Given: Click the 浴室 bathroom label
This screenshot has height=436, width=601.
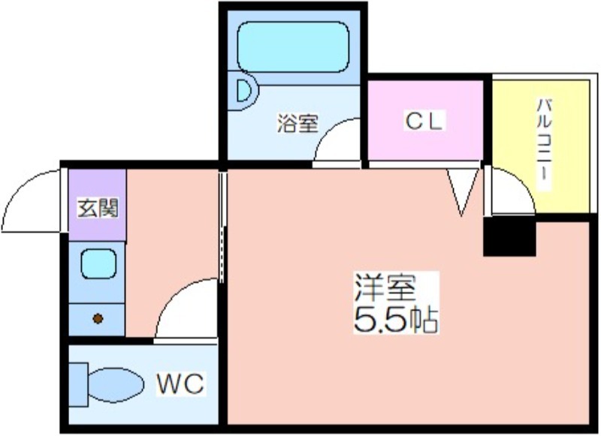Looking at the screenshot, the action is tap(297, 123).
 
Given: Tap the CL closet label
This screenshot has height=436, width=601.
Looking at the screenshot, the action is tap(424, 121).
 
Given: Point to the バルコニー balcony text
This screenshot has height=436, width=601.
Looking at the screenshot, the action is tap(544, 144).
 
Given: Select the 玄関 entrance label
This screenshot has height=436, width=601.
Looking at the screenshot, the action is tap(98, 207).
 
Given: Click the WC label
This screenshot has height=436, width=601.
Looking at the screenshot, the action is tap(180, 383).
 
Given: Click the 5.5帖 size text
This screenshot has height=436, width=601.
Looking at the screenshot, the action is tap(396, 319).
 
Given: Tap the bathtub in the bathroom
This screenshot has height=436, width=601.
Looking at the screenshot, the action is tap(293, 47).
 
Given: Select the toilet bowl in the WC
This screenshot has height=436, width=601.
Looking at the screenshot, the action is tap(116, 385).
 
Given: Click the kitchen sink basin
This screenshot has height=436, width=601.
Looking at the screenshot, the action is tap(98, 263).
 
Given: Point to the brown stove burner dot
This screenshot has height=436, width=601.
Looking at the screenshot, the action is tap(98, 318).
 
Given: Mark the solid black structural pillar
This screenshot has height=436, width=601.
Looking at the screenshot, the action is tap(509, 236).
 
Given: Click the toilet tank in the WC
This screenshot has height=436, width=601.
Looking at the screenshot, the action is tap(79, 385).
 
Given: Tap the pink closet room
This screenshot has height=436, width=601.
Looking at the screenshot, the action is tap(425, 120).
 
